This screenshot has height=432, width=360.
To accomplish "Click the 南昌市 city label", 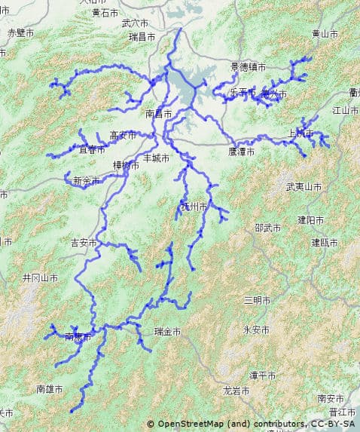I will tap(158, 114).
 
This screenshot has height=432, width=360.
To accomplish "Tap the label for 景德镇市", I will tap(249, 67).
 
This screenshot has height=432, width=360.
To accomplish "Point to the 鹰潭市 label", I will tap(242, 152).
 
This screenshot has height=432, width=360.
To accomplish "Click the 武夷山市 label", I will tap(304, 185).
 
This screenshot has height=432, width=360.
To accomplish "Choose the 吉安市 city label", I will tap(84, 243).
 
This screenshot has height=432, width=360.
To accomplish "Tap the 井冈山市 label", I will tap(40, 277).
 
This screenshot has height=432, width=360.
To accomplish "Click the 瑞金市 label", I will tap(167, 332).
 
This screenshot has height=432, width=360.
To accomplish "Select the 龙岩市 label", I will tap(237, 391).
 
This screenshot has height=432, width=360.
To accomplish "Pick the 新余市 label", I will tap(87, 181).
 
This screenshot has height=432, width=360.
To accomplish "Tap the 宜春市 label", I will tap(91, 150).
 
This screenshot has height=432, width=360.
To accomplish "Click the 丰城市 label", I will tap(156, 158).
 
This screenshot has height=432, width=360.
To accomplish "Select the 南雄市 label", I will tap(50, 389).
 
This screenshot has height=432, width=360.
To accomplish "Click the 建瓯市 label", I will tap(325, 242).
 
